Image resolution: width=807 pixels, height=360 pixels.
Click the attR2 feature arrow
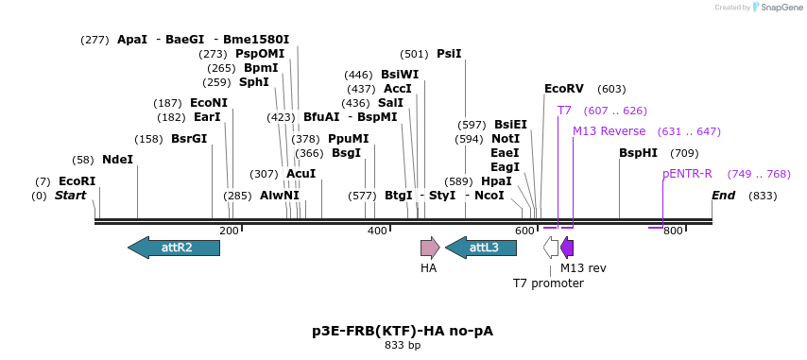pos(174,248)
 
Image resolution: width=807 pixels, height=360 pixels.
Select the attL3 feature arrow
pos(481,248)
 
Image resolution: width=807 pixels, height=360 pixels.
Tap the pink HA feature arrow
pos(430,248)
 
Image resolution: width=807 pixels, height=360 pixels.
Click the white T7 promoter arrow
pos(551,248)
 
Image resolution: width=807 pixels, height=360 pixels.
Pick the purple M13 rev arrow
pos(567,248)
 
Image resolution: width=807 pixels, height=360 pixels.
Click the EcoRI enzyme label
pos(77,180)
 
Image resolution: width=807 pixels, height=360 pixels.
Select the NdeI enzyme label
pos(118,160)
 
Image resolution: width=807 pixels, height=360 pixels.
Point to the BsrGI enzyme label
pos(189,139)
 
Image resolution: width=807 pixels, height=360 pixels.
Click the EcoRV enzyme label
pos(564,89)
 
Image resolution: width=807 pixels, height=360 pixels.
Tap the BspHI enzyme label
pos(638,153)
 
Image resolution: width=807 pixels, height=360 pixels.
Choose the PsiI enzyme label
pos(449,54)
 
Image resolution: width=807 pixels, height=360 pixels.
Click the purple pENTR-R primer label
pos(687,174)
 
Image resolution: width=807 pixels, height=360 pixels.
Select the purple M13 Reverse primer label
pos(610,131)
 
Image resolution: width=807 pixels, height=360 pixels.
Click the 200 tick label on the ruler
pos(229,231)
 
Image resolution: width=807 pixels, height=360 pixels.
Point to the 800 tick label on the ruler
pos(673,231)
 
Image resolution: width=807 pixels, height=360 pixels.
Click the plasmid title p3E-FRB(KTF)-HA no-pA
pos(403,331)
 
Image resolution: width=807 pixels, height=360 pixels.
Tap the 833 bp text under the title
pos(403,346)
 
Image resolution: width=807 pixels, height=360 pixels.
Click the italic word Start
pos(70,196)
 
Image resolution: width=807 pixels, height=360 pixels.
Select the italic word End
pos(723,196)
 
